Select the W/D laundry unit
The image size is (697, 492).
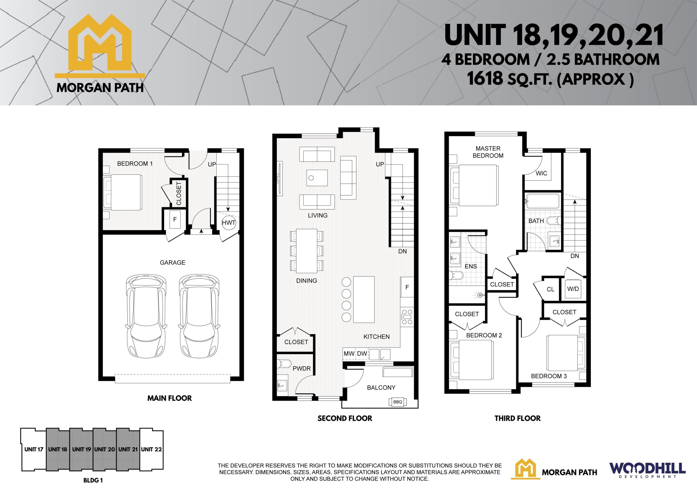pos(573,289)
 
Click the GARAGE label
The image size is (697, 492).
pos(172,263)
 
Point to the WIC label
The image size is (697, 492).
pos(541,174)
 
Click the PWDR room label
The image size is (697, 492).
pos(301,369)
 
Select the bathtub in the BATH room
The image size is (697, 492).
pos(542,201)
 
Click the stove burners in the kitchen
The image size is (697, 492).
pos(407,317)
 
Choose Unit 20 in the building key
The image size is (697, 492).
pos(104,449)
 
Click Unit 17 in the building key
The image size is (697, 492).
pos(33,449)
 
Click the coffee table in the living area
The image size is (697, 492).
pos(317,178)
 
